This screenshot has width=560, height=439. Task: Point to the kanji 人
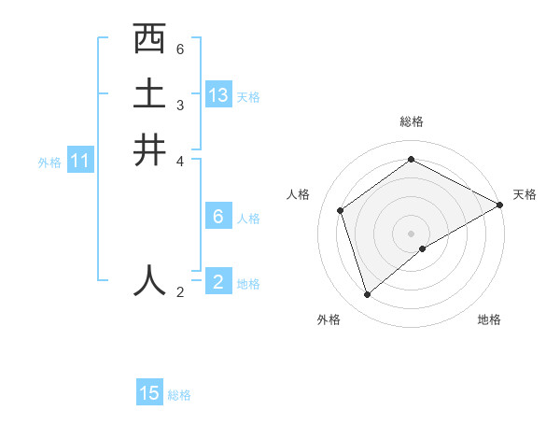(x=149, y=279)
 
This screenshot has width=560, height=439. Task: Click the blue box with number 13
(x=218, y=95)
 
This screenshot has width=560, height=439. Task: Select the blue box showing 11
(x=80, y=162)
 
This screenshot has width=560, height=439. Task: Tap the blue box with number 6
(x=218, y=217)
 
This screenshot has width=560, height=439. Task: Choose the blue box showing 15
(x=149, y=393)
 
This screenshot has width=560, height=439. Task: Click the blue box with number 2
(x=218, y=282)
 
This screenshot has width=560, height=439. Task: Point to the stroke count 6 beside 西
(x=180, y=49)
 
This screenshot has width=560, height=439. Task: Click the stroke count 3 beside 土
(x=180, y=105)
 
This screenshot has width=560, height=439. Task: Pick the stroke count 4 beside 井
(x=180, y=161)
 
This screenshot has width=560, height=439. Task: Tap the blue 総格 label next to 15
(x=179, y=395)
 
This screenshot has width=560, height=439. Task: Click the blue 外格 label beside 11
(x=49, y=163)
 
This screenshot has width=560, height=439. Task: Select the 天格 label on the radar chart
(x=525, y=194)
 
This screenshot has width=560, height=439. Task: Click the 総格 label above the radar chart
(x=412, y=121)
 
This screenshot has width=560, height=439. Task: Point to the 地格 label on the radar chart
(x=489, y=320)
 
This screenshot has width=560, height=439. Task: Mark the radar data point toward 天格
(x=500, y=205)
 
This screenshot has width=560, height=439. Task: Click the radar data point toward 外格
(x=368, y=295)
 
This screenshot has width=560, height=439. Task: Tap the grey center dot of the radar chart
(x=412, y=234)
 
